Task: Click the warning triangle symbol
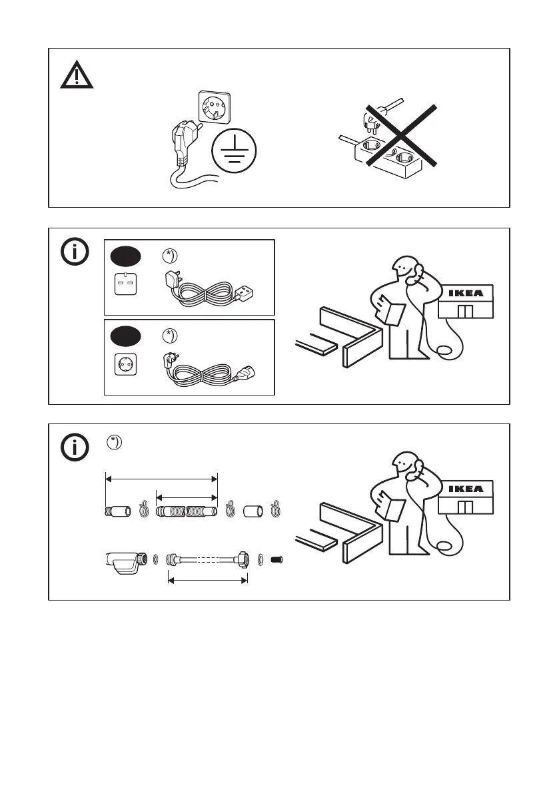click(77, 75)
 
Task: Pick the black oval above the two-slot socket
click(127, 256)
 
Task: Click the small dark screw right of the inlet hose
click(279, 558)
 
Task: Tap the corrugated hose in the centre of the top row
click(187, 512)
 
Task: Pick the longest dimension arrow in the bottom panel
click(162, 477)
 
